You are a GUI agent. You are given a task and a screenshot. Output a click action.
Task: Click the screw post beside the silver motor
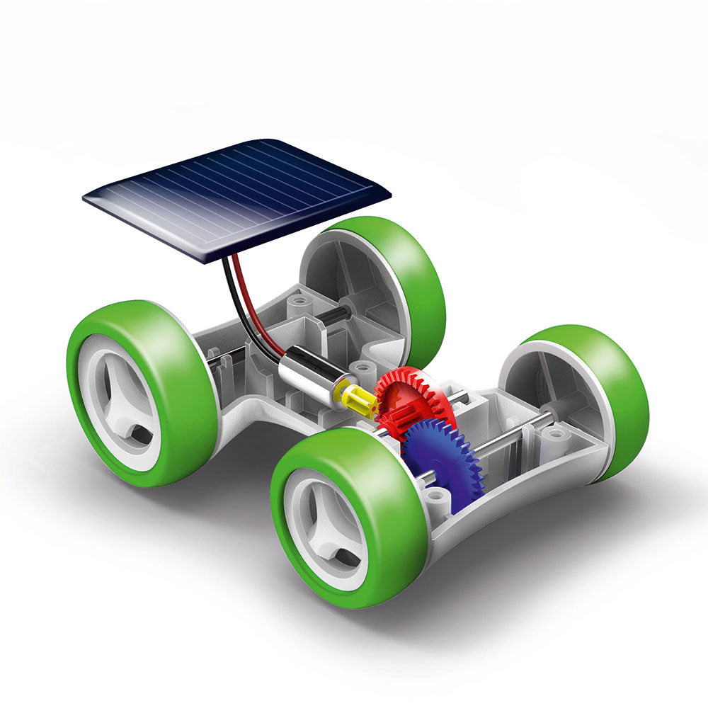[365, 369]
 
